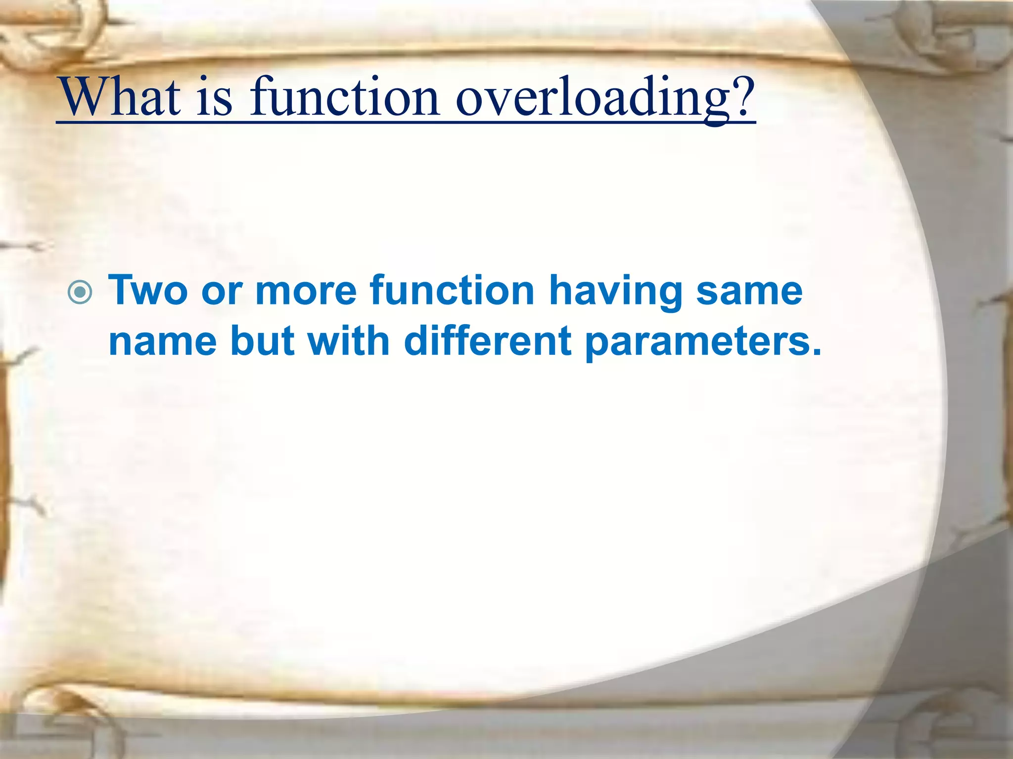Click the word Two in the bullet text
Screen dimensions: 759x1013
(x=148, y=291)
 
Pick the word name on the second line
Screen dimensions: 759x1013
(x=163, y=342)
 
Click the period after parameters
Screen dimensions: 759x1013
(x=816, y=352)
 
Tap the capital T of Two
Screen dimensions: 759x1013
(x=121, y=291)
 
